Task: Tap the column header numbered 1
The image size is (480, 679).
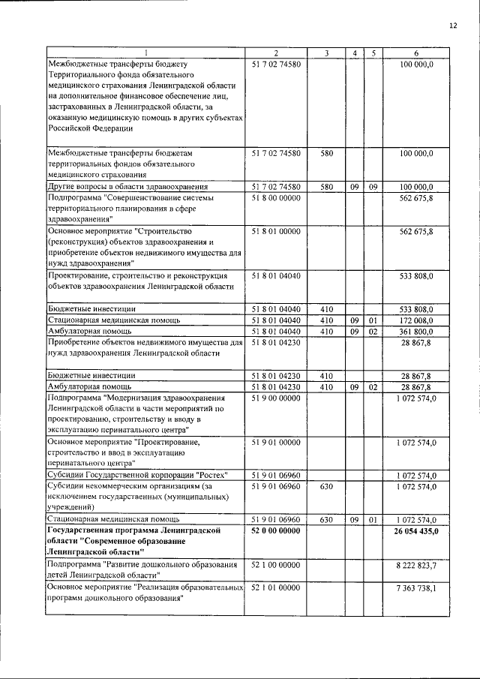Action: [145, 53]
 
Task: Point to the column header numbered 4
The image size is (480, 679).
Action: [354, 53]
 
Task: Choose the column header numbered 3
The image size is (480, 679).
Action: [326, 53]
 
